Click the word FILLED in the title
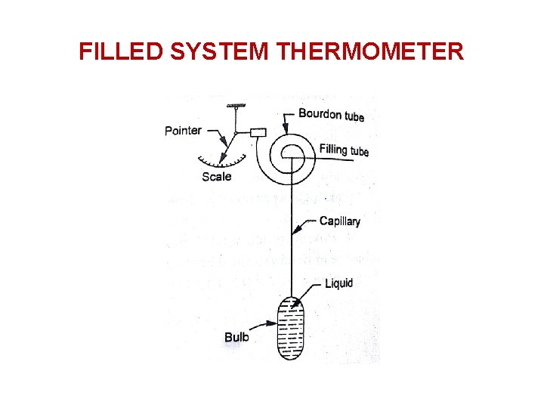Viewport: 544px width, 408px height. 121,51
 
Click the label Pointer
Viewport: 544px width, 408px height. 183,131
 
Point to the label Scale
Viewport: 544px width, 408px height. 217,177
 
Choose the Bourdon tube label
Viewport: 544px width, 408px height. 331,115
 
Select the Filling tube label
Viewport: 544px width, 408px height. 344,150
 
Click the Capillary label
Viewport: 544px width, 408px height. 339,221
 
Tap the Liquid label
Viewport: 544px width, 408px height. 338,283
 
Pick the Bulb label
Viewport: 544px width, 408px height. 236,337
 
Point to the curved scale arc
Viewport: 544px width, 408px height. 223,160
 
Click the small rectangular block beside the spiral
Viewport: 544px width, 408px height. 258,133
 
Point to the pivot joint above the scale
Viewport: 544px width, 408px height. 236,134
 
